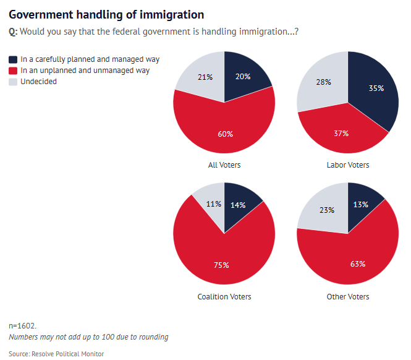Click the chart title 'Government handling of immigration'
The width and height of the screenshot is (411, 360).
tap(106, 14)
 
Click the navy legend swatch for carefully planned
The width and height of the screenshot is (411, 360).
tap(13, 59)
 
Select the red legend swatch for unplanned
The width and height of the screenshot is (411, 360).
tap(13, 71)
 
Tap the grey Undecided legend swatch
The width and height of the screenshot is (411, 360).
tap(13, 82)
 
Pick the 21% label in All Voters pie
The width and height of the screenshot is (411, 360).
tap(205, 77)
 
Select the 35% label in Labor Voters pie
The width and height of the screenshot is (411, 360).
tap(376, 88)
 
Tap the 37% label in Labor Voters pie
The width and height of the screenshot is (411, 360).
tap(341, 133)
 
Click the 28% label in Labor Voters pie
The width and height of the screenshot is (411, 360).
tap(323, 82)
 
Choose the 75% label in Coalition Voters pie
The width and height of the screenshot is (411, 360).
tap(221, 265)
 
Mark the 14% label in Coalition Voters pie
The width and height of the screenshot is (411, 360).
tap(239, 205)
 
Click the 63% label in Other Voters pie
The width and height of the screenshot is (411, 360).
tap(357, 264)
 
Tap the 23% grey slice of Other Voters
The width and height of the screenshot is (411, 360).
tap(326, 210)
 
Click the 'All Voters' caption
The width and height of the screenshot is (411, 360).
tap(224, 165)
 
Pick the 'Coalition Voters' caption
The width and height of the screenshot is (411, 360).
tap(224, 297)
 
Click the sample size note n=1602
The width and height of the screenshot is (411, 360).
tap(22, 325)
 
